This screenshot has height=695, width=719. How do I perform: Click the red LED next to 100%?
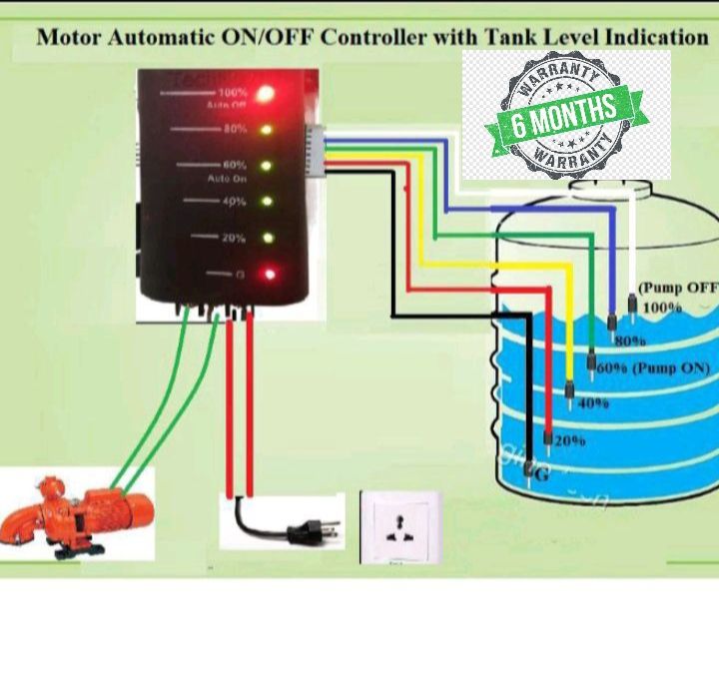266,95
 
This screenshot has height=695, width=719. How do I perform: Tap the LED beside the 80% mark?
266,130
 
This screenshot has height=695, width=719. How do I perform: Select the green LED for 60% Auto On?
266,166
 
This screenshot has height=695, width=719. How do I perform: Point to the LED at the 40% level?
266,202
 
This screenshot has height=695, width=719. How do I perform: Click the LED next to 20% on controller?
266,238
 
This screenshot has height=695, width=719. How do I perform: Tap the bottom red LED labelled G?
267,273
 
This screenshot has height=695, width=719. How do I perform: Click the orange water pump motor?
76,512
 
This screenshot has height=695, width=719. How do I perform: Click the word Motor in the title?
76,37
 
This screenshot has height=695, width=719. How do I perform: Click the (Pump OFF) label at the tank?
678,288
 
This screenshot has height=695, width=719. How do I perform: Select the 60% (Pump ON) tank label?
653,367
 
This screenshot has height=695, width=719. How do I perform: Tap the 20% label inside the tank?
570,439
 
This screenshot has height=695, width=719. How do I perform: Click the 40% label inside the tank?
593,403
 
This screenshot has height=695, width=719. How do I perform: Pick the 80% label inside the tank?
630,341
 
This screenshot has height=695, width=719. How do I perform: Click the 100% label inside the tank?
662,308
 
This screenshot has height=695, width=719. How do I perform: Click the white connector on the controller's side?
315,150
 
